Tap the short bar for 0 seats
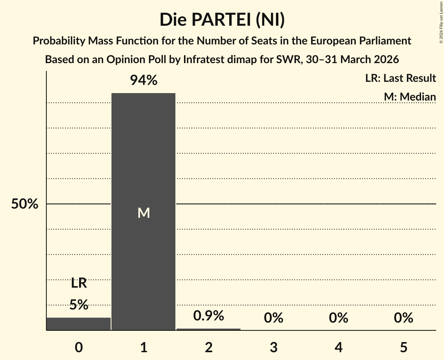[x=79, y=324]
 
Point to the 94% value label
[x=143, y=81]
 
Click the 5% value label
[x=79, y=305]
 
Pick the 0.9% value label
[x=209, y=316]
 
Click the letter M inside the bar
[x=143, y=213]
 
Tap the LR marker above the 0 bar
[x=79, y=283]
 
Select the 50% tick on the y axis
[x=25, y=204]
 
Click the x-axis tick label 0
[x=79, y=347]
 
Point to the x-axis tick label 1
[x=143, y=347]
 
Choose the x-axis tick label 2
[x=209, y=347]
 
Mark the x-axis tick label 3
[x=274, y=347]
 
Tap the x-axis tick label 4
[x=338, y=347]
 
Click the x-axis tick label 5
[x=403, y=347]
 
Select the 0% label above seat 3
[x=274, y=318]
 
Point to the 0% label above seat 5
[x=403, y=318]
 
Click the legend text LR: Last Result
[x=400, y=78]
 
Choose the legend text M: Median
[x=410, y=97]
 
